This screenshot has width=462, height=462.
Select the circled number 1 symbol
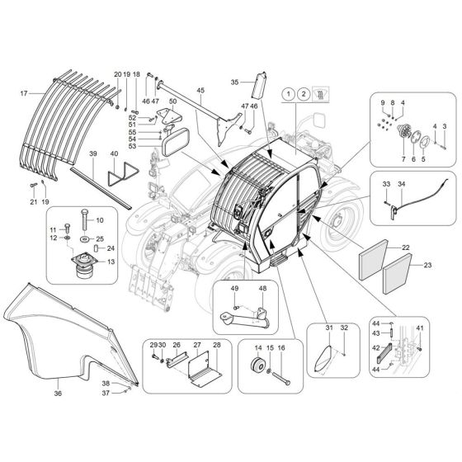(x=288, y=96)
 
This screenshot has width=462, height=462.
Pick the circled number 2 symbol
(x=305, y=96)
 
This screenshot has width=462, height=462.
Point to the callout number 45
(x=200, y=90)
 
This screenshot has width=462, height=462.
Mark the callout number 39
(x=94, y=154)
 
